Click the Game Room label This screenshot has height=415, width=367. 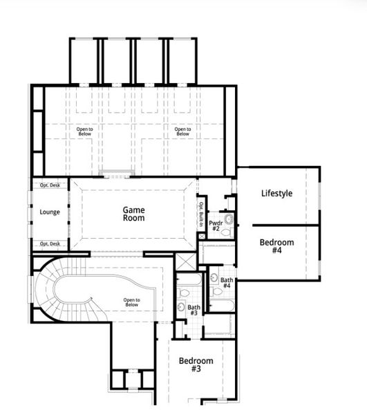point(133,213)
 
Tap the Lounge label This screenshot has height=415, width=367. point(50,212)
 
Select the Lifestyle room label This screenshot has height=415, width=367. point(276,194)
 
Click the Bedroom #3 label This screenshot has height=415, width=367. point(196,365)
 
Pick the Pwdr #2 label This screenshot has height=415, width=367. point(215,225)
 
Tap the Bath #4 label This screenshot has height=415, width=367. point(226,283)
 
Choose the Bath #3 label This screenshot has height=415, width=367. point(194,310)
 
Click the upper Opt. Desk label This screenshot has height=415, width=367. point(50,185)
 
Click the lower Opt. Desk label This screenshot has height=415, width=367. point(50,243)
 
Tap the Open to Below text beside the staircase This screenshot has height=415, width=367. point(131,302)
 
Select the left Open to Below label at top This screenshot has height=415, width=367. point(84,130)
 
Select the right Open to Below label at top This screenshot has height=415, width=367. point(182,130)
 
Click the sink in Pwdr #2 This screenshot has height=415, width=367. point(229,221)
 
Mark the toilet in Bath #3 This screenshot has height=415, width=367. point(180,306)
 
